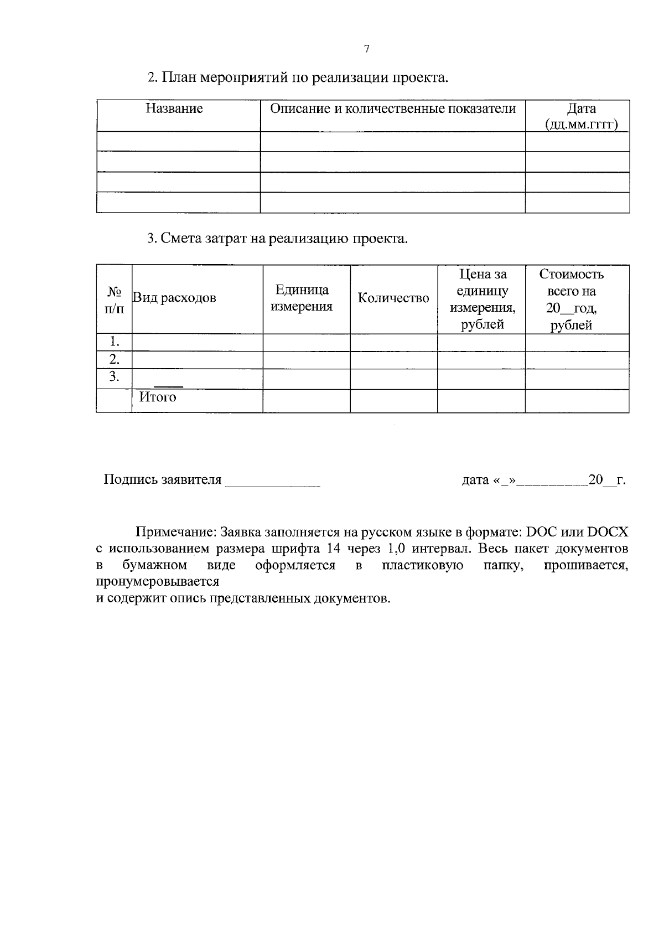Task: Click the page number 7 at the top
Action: click(x=367, y=49)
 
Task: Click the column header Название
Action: click(x=174, y=109)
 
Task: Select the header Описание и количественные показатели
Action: click(x=392, y=109)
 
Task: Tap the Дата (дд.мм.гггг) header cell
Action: click(x=581, y=116)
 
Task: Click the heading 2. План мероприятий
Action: click(x=298, y=78)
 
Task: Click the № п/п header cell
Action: click(x=114, y=299)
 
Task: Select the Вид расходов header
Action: click(x=174, y=298)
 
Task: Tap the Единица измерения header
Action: click(x=302, y=298)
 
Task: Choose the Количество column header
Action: click(x=393, y=298)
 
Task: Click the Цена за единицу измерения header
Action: click(x=482, y=299)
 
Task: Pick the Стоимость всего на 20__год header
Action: click(x=571, y=299)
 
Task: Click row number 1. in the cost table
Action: click(x=114, y=342)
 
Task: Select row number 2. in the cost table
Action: click(x=114, y=359)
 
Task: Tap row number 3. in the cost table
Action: click(x=114, y=377)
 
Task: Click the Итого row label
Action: click(x=158, y=397)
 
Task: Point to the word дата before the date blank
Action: click(x=475, y=480)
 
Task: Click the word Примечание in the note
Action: click(x=175, y=533)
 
